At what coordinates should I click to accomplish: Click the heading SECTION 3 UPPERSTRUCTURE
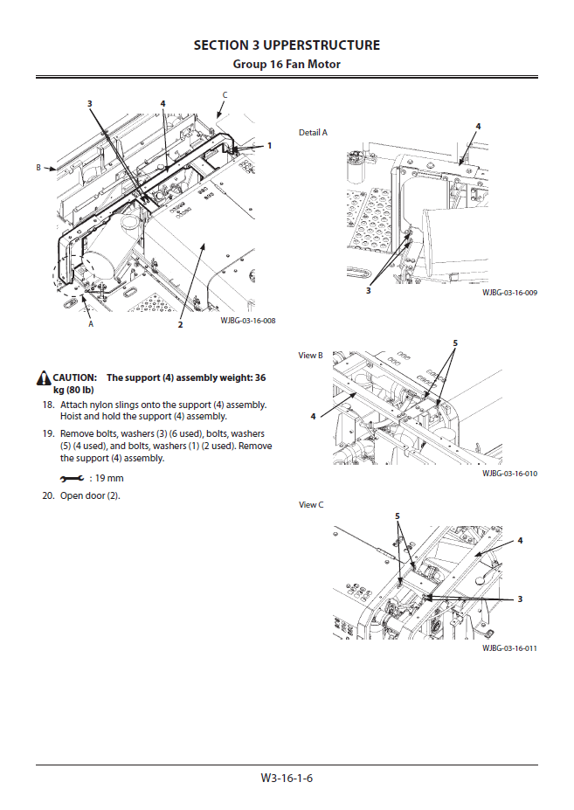[x=287, y=45]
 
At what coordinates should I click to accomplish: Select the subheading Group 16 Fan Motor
[x=287, y=65]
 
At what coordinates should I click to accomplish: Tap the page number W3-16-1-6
[x=286, y=778]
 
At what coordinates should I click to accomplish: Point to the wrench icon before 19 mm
[x=72, y=479]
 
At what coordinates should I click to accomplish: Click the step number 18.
[x=48, y=405]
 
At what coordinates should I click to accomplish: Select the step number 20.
[x=48, y=496]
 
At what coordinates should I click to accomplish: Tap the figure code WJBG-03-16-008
[x=248, y=321]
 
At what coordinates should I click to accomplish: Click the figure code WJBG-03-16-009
[x=509, y=293]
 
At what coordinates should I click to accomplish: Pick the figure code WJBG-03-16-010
[x=509, y=473]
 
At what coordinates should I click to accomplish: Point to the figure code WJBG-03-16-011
[x=509, y=648]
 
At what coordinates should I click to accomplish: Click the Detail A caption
[x=313, y=133]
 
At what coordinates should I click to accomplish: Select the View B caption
[x=311, y=356]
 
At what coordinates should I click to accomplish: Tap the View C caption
[x=311, y=505]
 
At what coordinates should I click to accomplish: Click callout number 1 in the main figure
[x=270, y=146]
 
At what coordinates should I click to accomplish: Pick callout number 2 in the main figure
[x=180, y=325]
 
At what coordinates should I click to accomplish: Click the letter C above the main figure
[x=225, y=94]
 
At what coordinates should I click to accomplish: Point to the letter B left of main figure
[x=38, y=167]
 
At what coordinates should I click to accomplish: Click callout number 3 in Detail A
[x=368, y=290]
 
